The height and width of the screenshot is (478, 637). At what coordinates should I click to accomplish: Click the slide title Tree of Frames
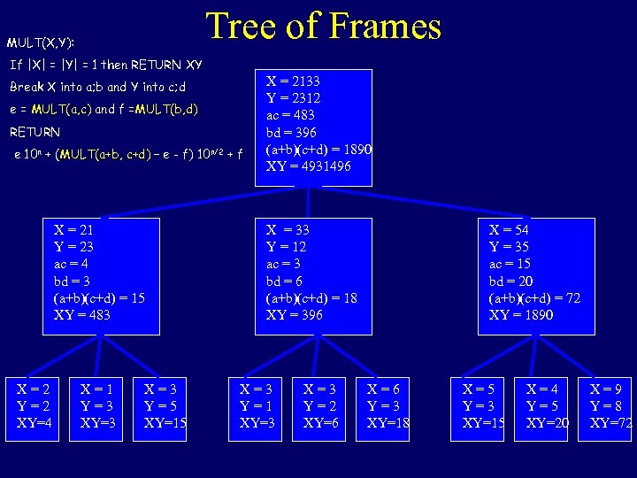(x=324, y=27)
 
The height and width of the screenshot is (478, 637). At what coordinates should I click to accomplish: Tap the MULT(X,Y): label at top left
(x=41, y=42)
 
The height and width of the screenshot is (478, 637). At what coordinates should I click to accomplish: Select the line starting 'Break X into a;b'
(x=97, y=87)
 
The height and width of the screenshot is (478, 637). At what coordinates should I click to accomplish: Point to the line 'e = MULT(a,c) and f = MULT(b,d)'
(x=104, y=110)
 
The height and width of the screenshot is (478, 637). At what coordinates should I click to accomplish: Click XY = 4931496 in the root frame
(x=308, y=166)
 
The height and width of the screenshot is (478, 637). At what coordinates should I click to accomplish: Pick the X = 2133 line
(x=293, y=81)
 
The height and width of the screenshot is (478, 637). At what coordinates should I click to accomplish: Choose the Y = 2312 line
(x=293, y=97)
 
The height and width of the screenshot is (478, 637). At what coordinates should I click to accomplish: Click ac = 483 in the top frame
(x=290, y=115)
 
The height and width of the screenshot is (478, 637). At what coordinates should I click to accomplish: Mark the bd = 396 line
(x=290, y=132)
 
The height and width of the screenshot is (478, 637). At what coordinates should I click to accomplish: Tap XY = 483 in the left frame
(x=82, y=315)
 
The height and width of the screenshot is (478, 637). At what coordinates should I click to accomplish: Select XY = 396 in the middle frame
(x=295, y=315)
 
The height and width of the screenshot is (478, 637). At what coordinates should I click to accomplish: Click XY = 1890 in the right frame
(x=521, y=315)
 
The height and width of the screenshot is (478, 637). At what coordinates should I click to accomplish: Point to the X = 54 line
(x=509, y=229)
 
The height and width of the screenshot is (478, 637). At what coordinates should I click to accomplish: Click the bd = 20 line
(x=510, y=281)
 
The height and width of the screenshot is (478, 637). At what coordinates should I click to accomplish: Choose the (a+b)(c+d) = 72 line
(x=534, y=297)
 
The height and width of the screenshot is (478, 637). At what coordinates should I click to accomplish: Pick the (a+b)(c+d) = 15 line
(x=99, y=297)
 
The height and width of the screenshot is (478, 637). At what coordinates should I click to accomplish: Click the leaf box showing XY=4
(x=35, y=406)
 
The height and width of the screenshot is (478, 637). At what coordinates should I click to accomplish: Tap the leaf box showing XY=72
(x=610, y=406)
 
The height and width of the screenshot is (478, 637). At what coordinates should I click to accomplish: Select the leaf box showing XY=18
(x=388, y=406)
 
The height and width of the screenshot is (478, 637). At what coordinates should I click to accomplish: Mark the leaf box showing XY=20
(x=547, y=406)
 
